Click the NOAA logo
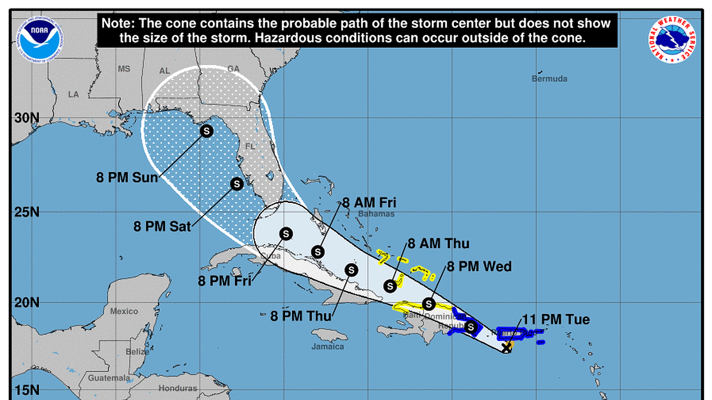pos(40,40)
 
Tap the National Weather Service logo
pos(672,40)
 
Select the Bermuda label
pos(549,79)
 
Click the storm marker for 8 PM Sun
pos(207,131)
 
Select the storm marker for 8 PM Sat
pos(237,184)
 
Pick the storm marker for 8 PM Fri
pos(286,234)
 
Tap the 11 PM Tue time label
pos(556,319)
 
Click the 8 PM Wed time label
pos(479,266)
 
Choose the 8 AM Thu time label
pos(438,243)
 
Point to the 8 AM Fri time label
pos(369,203)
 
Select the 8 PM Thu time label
pos(301,316)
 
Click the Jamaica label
pos(327,347)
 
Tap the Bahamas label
pos(376,214)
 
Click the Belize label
pos(137,351)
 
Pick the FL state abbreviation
pos(250,146)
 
